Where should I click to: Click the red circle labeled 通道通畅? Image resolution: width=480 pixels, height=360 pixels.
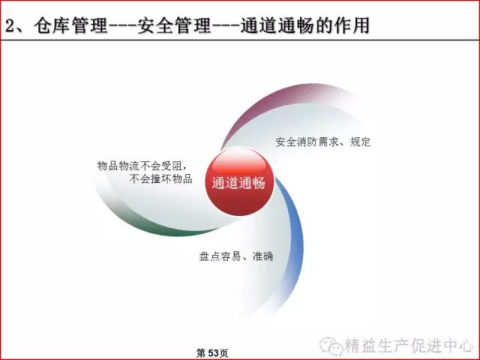238,181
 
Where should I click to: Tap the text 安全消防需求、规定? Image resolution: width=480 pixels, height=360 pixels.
323,142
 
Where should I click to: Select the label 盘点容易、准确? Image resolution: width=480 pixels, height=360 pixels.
235,256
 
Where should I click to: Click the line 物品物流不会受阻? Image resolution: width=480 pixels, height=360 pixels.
142,166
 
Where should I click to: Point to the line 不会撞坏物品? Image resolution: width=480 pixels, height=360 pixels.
160,178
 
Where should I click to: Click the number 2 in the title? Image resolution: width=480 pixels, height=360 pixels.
10,25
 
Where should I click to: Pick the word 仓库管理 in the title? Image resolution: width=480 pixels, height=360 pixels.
70,25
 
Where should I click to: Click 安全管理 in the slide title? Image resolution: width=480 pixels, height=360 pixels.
173,25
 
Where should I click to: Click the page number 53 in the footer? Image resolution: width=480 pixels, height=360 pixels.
213,353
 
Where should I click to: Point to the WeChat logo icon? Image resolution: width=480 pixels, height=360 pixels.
331,345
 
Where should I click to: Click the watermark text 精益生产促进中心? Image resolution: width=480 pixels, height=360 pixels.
409,346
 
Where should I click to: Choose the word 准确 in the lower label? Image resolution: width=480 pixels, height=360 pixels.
262,256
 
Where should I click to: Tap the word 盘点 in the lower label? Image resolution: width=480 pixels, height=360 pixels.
209,256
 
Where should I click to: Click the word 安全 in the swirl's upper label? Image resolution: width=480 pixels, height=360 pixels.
286,142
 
